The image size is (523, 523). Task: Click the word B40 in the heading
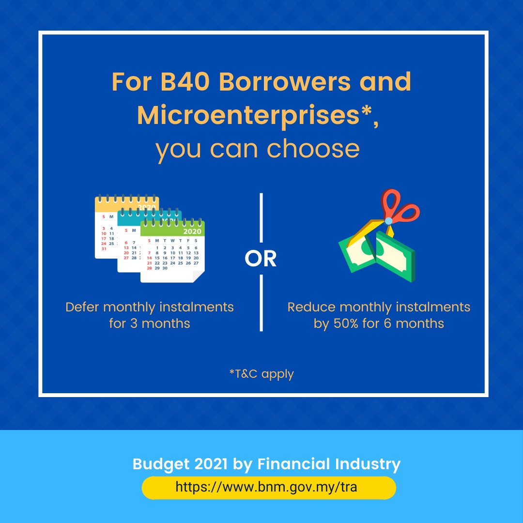tap(185, 82)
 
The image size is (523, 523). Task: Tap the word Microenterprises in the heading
tap(248, 115)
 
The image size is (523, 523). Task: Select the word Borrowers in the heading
tap(285, 82)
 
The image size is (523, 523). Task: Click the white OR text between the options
tap(261, 259)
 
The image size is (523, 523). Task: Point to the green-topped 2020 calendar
tap(172, 251)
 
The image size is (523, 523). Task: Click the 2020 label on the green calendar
tap(192, 231)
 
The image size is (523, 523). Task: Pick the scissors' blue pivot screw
tap(388, 221)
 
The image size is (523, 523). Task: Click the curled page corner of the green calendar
tap(199, 276)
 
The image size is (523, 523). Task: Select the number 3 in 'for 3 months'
tap(134, 323)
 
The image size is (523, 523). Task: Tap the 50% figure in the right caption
tap(346, 323)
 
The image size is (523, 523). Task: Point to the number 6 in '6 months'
tap(387, 323)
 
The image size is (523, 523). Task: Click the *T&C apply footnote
tap(261, 374)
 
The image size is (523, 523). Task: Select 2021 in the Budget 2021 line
tap(211, 464)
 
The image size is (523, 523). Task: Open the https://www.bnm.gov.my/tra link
tap(266, 487)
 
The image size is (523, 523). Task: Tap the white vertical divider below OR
tap(261, 303)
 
